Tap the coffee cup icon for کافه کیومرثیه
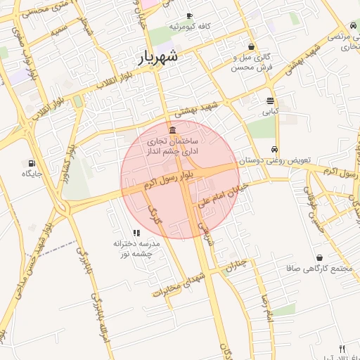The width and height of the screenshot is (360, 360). coord(189,15)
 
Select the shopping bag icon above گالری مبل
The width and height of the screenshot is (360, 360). coord(251,46)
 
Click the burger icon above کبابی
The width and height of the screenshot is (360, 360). coord(271,101)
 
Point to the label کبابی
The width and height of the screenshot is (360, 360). coord(271,111)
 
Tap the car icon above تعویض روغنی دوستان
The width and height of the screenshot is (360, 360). coord(274,149)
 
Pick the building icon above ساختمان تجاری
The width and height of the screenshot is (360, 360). coord(173,130)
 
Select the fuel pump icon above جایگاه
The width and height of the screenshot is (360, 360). coord(32,162)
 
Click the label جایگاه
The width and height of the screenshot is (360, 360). coord(33,173)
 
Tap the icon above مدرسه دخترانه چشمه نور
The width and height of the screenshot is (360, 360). coord(136,233)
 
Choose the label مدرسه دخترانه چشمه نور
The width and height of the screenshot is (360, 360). coord(137,247)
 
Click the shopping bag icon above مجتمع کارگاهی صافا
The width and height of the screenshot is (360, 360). coord(320,258)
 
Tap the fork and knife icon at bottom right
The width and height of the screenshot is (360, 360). coord(342,349)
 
